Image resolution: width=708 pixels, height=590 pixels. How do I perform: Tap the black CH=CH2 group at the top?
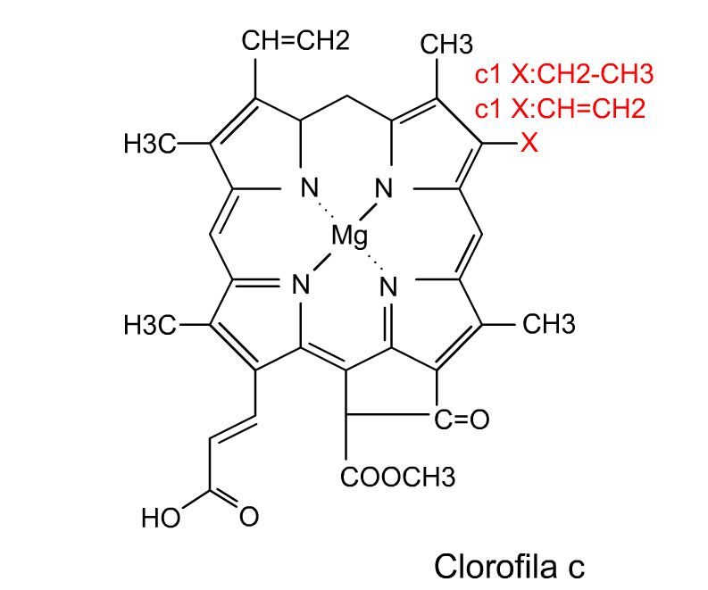(296, 41)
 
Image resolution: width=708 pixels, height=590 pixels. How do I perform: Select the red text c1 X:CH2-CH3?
(564, 74)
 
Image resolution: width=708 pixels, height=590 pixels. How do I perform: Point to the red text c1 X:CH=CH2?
(560, 109)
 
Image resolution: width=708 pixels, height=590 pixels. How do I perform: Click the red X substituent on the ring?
(529, 143)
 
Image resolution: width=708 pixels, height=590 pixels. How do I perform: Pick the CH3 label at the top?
(446, 45)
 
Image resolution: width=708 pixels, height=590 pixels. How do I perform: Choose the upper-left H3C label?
(150, 144)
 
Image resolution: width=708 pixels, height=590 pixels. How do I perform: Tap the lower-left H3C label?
(150, 325)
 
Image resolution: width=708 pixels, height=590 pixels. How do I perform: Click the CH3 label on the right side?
(549, 324)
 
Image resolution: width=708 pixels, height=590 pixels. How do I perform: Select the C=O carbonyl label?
(462, 420)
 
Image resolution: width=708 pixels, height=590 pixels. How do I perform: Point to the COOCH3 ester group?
(398, 478)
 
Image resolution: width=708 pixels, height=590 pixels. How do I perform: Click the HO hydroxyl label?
(161, 518)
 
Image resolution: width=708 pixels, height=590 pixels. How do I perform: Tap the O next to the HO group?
(249, 517)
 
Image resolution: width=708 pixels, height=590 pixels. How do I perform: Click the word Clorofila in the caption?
(496, 566)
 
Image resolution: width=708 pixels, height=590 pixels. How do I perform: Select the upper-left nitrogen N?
(310, 187)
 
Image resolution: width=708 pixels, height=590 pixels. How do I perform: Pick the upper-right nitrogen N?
(384, 187)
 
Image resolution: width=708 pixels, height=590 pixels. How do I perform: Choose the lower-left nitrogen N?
(301, 285)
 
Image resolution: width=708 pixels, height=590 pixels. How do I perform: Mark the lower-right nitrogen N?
(388, 287)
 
